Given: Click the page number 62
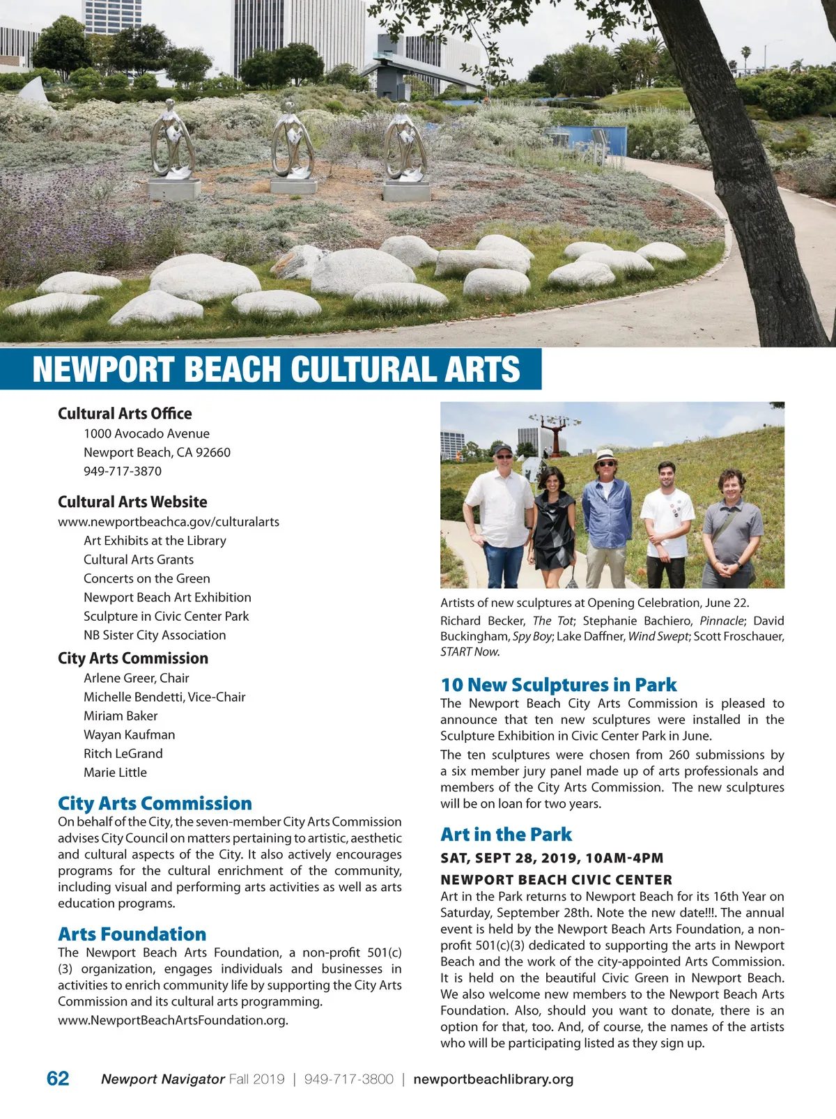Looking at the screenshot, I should pyautogui.click(x=58, y=1079).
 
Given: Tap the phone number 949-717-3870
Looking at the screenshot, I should pyautogui.click(x=123, y=471).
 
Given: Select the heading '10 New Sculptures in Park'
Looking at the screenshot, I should pyautogui.click(x=559, y=685).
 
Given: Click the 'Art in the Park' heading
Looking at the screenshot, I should pyautogui.click(x=506, y=834).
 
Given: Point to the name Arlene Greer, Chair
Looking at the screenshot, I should pyautogui.click(x=137, y=678).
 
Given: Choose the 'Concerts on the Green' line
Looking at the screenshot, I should pyautogui.click(x=147, y=578).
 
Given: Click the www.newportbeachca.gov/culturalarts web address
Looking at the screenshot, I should pyautogui.click(x=169, y=522).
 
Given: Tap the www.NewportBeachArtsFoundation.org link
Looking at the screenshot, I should pyautogui.click(x=173, y=1020).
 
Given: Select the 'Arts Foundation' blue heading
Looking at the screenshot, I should pyautogui.click(x=132, y=934).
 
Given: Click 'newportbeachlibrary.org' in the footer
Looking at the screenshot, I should pyautogui.click(x=493, y=1079).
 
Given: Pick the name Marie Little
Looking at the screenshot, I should pyautogui.click(x=115, y=772).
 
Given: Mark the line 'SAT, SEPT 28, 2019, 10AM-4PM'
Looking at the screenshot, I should pyautogui.click(x=552, y=858).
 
